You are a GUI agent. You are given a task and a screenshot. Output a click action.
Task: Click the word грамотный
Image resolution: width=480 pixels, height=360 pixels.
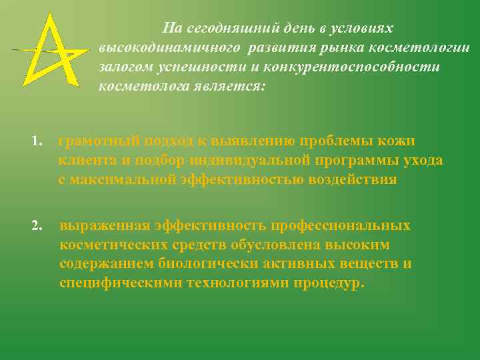[98, 141]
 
